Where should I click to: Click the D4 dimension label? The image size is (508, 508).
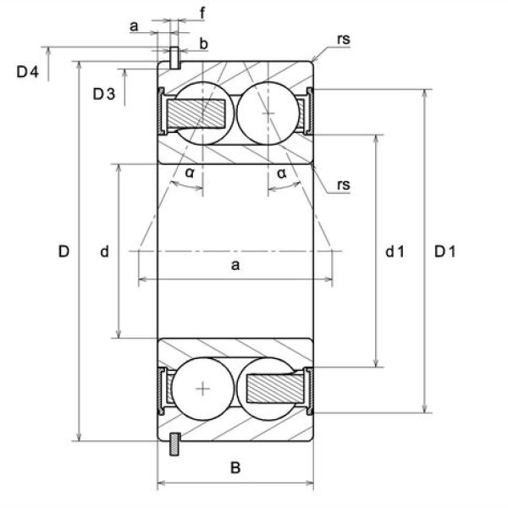[x=28, y=72]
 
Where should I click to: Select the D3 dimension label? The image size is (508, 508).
[x=104, y=94]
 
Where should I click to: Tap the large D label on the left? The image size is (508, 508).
[x=63, y=251]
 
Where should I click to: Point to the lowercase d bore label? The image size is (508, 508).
[x=104, y=251]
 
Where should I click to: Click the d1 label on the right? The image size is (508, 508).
[x=395, y=251]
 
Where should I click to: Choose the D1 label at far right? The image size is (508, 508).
[x=444, y=251]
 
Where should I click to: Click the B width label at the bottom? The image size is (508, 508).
[x=235, y=468]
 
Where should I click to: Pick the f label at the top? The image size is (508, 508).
[x=202, y=14]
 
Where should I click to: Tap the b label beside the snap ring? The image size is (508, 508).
[x=203, y=44]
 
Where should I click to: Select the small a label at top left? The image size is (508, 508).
[x=134, y=26]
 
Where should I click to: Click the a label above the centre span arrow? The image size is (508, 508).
[x=235, y=265]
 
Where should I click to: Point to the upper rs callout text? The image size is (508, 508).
[x=344, y=40]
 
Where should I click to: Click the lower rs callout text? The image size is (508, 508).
[x=344, y=185]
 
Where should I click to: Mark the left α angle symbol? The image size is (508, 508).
[x=190, y=173]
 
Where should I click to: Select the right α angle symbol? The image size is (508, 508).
[x=282, y=174]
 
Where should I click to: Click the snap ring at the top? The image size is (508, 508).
[x=174, y=58]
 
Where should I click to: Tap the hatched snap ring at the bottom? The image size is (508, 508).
[x=175, y=444]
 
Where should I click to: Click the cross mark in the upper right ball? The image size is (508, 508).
[x=268, y=113]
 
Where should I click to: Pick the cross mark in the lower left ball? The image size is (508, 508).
[x=203, y=389]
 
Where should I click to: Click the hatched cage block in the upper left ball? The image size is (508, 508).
[x=196, y=113]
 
